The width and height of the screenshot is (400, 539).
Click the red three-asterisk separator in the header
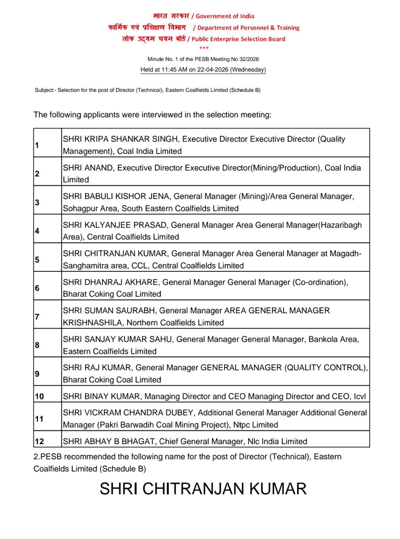click(x=204, y=48)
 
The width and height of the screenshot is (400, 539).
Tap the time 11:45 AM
click(x=174, y=70)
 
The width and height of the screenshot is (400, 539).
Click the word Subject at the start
click(x=44, y=90)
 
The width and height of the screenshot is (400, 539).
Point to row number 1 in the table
click(x=37, y=145)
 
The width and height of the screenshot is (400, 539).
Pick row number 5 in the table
click(x=37, y=259)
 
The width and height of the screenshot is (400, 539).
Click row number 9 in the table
click(x=37, y=374)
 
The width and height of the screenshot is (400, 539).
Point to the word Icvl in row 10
click(x=360, y=396)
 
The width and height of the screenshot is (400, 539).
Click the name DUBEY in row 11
click(x=180, y=413)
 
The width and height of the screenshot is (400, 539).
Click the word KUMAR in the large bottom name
click(x=278, y=489)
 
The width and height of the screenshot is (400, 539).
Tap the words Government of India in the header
click(x=225, y=16)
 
